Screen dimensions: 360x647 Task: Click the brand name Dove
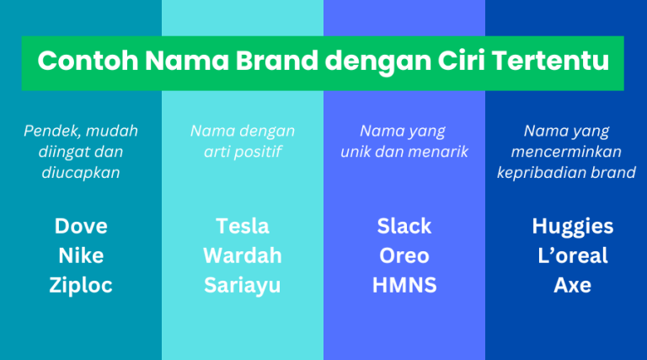(x=81, y=226)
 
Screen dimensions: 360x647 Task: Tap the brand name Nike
(x=81, y=255)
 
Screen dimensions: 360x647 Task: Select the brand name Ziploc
(x=81, y=285)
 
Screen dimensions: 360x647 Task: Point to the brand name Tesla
(x=243, y=226)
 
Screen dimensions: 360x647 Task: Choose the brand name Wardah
(x=243, y=255)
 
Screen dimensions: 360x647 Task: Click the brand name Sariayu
(x=243, y=285)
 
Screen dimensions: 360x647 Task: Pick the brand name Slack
(x=404, y=226)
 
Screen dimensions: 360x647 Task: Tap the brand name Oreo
(x=404, y=255)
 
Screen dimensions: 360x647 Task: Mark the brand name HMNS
(x=404, y=285)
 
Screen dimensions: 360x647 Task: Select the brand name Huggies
(x=573, y=226)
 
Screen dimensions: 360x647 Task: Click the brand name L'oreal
(x=573, y=255)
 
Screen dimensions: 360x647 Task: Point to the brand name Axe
(x=573, y=285)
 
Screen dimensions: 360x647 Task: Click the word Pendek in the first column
(x=49, y=131)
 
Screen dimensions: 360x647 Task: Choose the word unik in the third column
(x=356, y=152)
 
